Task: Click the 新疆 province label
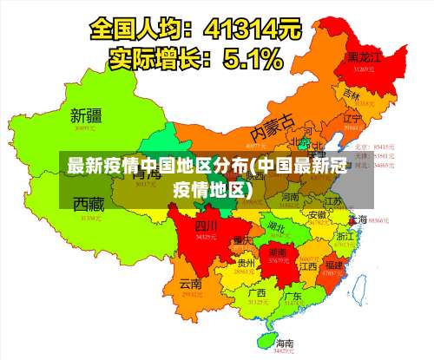tap(86, 115)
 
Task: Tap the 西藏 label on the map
tap(89, 205)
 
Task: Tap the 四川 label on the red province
tap(205, 225)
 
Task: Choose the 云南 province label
tap(190, 284)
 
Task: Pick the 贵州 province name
tap(246, 263)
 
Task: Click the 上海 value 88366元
tap(379, 221)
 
